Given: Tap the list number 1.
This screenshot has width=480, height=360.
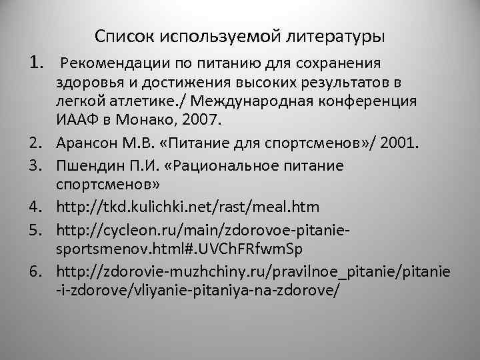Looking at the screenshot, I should pos(37,63).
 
